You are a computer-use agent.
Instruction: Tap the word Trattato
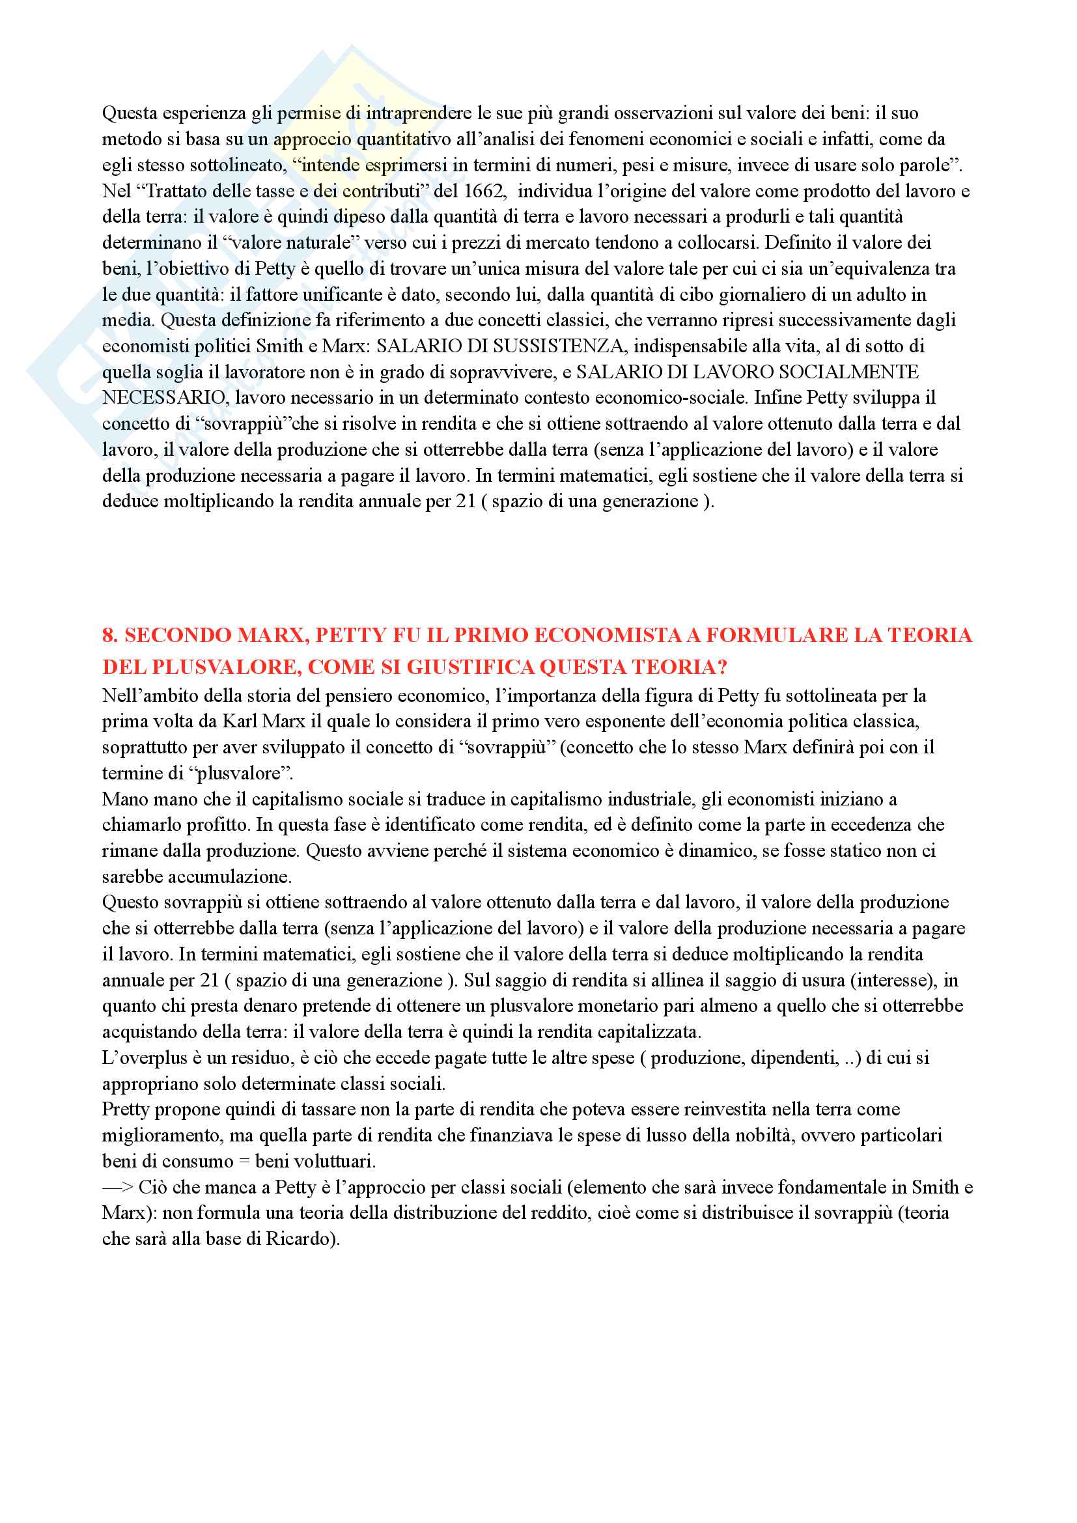point(179,191)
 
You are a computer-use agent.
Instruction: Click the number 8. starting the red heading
point(111,636)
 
